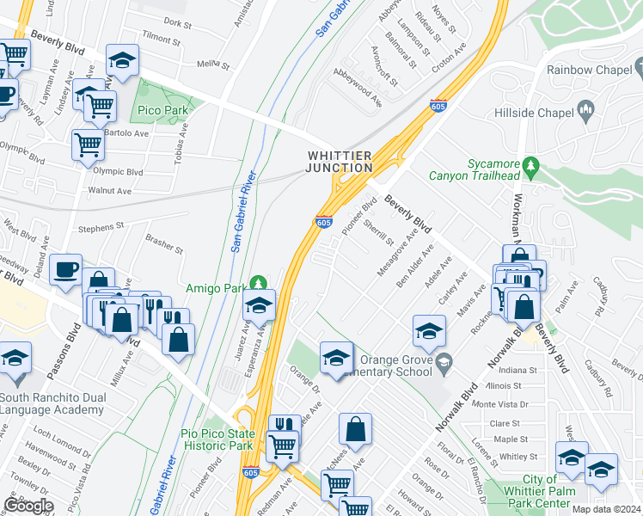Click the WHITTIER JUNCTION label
(341, 161)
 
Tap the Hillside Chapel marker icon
(586, 108)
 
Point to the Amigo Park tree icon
(258, 281)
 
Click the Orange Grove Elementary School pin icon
(443, 359)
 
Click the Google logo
(28, 506)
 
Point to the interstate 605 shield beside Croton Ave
(438, 106)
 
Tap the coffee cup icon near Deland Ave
(66, 271)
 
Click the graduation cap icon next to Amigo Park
(259, 304)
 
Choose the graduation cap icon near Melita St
(122, 60)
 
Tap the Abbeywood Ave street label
(357, 89)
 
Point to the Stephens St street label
(101, 228)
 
